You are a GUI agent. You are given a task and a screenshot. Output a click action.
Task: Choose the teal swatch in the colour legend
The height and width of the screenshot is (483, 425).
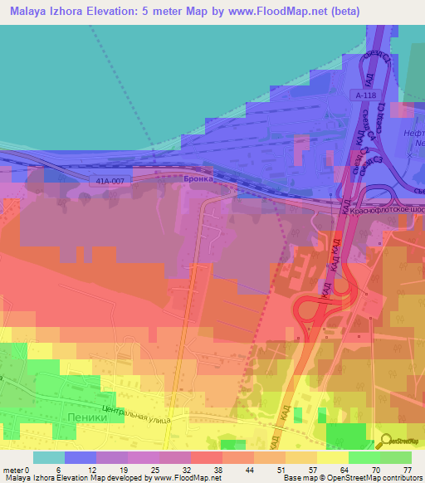(49, 457)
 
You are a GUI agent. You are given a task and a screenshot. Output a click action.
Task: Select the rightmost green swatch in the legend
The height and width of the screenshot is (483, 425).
(396, 457)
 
